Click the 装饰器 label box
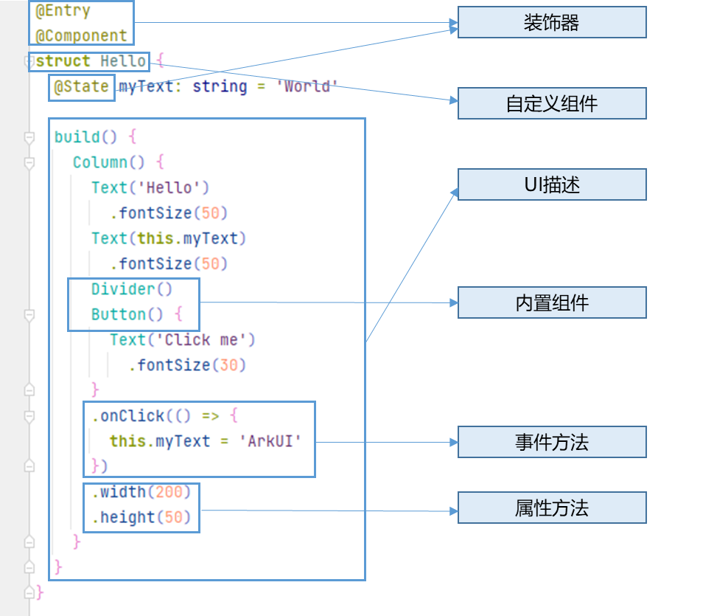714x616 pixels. (552, 22)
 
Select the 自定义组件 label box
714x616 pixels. (552, 103)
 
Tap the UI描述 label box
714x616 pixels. (552, 184)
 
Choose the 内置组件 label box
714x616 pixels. (552, 302)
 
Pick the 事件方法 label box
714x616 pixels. (552, 442)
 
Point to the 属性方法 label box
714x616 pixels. (552, 508)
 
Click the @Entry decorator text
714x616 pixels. (63, 11)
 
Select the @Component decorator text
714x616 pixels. (81, 35)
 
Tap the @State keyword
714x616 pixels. (81, 87)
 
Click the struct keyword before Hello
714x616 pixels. (63, 61)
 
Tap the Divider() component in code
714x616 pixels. (131, 289)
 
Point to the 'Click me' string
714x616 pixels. (209, 340)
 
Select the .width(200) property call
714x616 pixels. (141, 492)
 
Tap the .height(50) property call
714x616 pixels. (141, 518)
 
